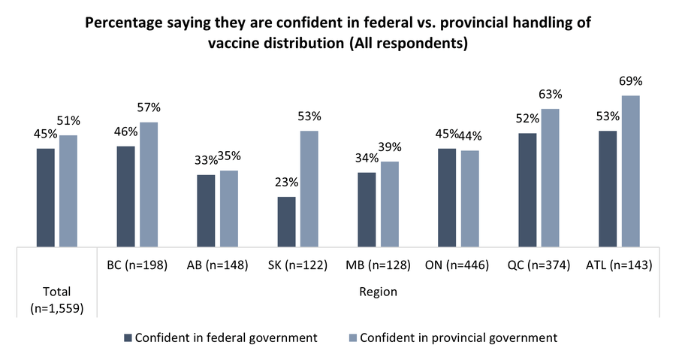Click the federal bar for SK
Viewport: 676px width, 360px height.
286,221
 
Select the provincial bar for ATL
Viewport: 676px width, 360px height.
629,171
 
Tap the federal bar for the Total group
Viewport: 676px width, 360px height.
45,197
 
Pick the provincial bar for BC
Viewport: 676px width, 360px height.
149,183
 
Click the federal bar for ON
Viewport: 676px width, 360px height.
447,197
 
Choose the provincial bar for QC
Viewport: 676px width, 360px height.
549,177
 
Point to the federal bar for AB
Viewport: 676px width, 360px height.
206,210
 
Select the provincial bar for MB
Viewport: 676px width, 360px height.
389,203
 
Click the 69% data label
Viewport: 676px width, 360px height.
631,81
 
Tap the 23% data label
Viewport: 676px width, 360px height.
287,183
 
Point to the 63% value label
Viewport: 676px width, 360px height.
551,95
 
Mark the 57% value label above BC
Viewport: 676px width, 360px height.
149,107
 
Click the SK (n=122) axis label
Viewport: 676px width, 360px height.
297,265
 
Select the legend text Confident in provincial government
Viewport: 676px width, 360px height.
459,337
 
